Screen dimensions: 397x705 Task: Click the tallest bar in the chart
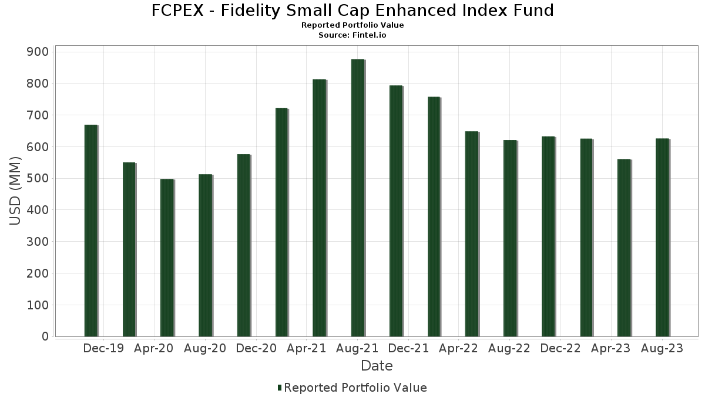[357, 198]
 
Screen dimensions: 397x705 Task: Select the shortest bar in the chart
[167, 258]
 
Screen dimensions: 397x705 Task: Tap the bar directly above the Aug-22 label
[510, 238]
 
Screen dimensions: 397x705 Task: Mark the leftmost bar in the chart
[90, 231]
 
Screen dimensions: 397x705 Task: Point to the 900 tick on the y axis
[38, 52]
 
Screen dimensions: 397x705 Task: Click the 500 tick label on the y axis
[38, 178]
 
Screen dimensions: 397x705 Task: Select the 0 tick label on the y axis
[45, 336]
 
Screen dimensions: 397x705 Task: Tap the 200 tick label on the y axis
[38, 273]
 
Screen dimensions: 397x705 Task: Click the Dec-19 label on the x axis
[103, 348]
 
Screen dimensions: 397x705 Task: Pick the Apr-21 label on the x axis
[306, 348]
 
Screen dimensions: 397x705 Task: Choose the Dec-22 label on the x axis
[560, 348]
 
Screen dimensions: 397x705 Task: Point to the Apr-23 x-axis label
[611, 348]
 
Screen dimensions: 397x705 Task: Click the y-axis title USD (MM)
[16, 191]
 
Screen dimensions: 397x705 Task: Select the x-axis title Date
[377, 366]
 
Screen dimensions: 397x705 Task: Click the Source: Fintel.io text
[352, 35]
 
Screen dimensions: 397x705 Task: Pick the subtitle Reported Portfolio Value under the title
[352, 25]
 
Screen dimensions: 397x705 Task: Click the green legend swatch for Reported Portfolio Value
[280, 388]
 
